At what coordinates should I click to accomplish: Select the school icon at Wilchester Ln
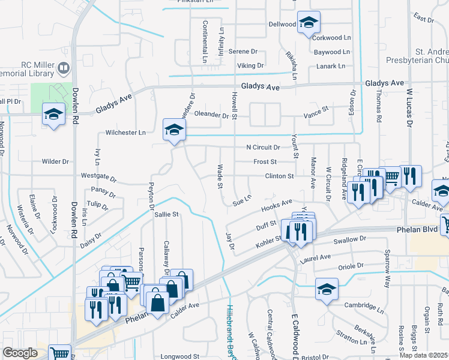[x=174, y=129]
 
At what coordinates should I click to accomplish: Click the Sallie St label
[x=167, y=214]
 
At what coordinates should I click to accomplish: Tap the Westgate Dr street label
[x=98, y=178]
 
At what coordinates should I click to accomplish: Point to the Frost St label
[x=265, y=162]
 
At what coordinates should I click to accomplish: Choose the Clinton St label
[x=280, y=176]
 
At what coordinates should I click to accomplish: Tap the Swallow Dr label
[x=349, y=240]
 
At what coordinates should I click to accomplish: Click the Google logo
[x=20, y=353]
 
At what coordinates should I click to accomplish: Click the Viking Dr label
[x=250, y=65]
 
